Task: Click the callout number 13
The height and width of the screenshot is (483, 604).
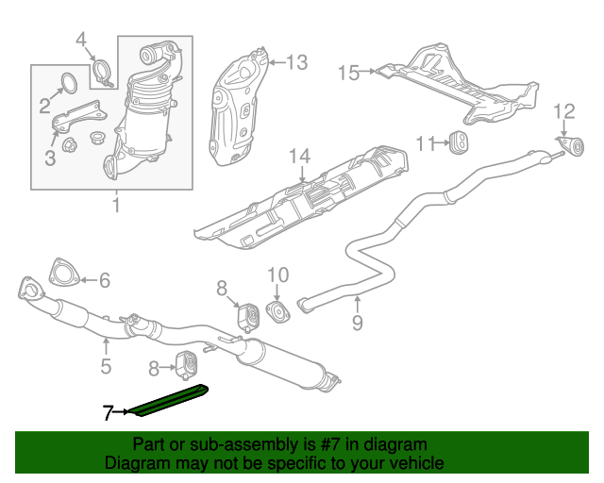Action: [296, 63]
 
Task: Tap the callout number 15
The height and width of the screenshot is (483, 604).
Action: [348, 72]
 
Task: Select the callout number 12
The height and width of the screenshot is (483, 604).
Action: [563, 112]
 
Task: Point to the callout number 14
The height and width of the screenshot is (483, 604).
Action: [299, 157]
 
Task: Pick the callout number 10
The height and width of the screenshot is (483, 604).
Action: [277, 275]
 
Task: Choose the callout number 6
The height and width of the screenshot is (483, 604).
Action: [104, 279]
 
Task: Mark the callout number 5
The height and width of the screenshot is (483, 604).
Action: [106, 366]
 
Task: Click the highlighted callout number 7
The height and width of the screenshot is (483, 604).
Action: [109, 412]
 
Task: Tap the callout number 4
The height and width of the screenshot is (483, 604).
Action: [81, 40]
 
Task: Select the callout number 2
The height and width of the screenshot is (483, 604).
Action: [44, 106]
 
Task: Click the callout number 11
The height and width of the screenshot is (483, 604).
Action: [425, 143]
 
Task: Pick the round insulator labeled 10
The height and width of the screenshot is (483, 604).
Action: [278, 310]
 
